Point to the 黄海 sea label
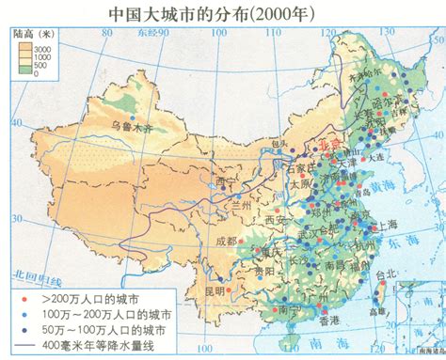point(387,188)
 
